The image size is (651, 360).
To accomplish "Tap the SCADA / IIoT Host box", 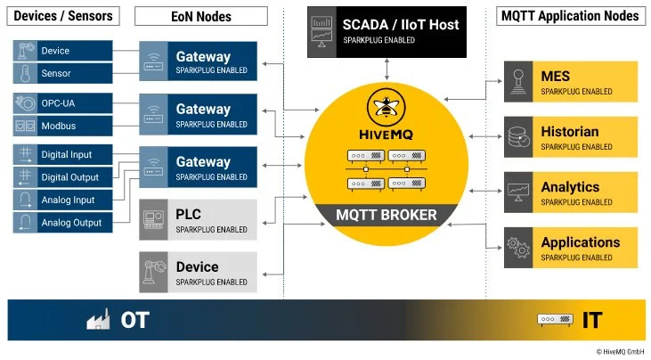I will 387,32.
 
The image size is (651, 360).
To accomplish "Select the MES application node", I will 571,81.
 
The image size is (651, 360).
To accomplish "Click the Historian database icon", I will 517,137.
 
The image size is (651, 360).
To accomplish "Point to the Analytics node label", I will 570,187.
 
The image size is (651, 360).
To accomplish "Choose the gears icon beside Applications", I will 517,246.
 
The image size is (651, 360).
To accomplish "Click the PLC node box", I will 198,219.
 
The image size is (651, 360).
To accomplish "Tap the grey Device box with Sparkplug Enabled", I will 198,272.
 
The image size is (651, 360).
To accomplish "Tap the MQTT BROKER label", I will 386,214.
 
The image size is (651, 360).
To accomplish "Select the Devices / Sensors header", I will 62,16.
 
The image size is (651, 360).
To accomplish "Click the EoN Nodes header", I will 201,16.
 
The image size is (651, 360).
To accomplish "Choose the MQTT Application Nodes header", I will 570,16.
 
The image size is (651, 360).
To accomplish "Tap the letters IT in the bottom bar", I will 591,320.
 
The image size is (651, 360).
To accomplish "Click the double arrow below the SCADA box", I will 387,68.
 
